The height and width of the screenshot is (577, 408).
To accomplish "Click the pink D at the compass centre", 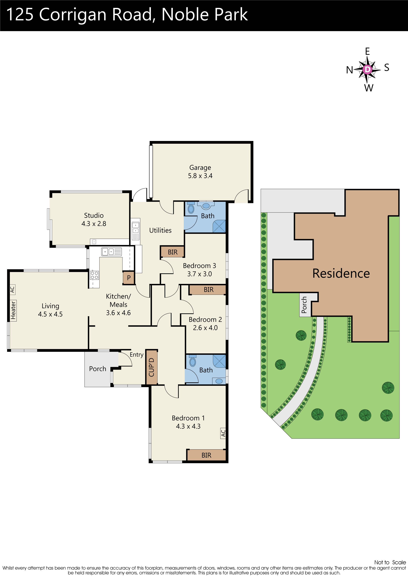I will pyautogui.click(x=367, y=69).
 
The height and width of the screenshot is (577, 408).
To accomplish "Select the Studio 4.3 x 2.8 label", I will pyautogui.click(x=94, y=219).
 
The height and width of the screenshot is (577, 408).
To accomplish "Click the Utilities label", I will pyautogui.click(x=160, y=230).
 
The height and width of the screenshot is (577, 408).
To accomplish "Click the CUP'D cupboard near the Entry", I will pyautogui.click(x=152, y=367).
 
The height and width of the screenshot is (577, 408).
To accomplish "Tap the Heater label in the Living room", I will pyautogui.click(x=13, y=311).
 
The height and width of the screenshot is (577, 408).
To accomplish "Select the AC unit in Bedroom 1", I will pyautogui.click(x=223, y=433).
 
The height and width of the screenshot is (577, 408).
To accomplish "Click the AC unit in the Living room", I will pyautogui.click(x=12, y=290).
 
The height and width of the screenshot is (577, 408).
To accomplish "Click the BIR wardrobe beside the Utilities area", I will pyautogui.click(x=172, y=252).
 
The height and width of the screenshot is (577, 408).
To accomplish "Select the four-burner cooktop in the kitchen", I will pyautogui.click(x=95, y=275).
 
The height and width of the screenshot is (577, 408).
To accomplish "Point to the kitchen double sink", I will pyautogui.click(x=108, y=252).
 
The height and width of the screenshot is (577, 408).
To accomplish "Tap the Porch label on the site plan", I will pyautogui.click(x=304, y=305).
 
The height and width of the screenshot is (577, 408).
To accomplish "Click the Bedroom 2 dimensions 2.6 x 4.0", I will pyautogui.click(x=205, y=328).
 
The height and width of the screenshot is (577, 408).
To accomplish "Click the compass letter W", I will pyautogui.click(x=369, y=88).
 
